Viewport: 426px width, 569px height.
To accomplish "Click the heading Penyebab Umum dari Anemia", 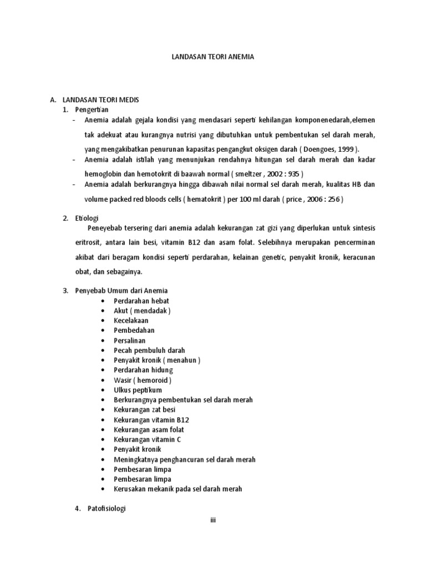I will tap(121, 291).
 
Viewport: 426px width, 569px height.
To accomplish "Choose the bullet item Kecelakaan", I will tap(131, 321).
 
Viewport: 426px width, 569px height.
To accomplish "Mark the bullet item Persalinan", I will tap(130, 341).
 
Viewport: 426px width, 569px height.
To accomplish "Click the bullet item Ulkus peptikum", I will tap(138, 390).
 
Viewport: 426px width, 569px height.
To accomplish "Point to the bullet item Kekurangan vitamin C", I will tap(147, 440).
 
